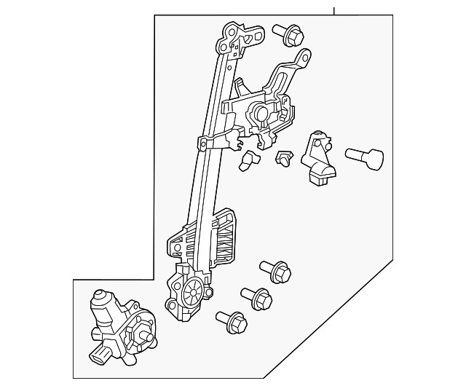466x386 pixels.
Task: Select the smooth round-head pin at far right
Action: coord(364,157)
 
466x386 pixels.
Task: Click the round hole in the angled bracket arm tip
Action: coord(306,55)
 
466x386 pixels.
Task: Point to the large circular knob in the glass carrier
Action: coord(260,112)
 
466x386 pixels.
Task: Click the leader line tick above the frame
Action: coord(334,10)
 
